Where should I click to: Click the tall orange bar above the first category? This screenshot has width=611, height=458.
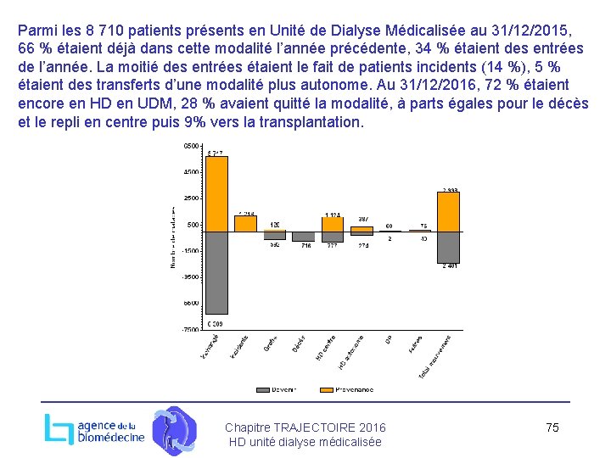217,193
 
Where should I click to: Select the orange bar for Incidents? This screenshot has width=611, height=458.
246,223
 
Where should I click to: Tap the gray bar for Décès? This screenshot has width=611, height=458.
303,237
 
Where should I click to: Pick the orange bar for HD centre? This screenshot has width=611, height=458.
333,225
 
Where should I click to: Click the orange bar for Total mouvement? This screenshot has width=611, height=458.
448,211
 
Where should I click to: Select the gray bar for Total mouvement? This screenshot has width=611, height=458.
448,247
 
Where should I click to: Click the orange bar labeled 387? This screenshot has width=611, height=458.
362,228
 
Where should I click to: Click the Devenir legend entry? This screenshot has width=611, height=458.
279,389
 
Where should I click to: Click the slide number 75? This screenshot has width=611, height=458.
552,427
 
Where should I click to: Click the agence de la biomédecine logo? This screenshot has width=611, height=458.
94,429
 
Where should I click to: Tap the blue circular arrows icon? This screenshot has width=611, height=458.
174,430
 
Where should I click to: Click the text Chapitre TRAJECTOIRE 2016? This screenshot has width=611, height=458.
305,427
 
